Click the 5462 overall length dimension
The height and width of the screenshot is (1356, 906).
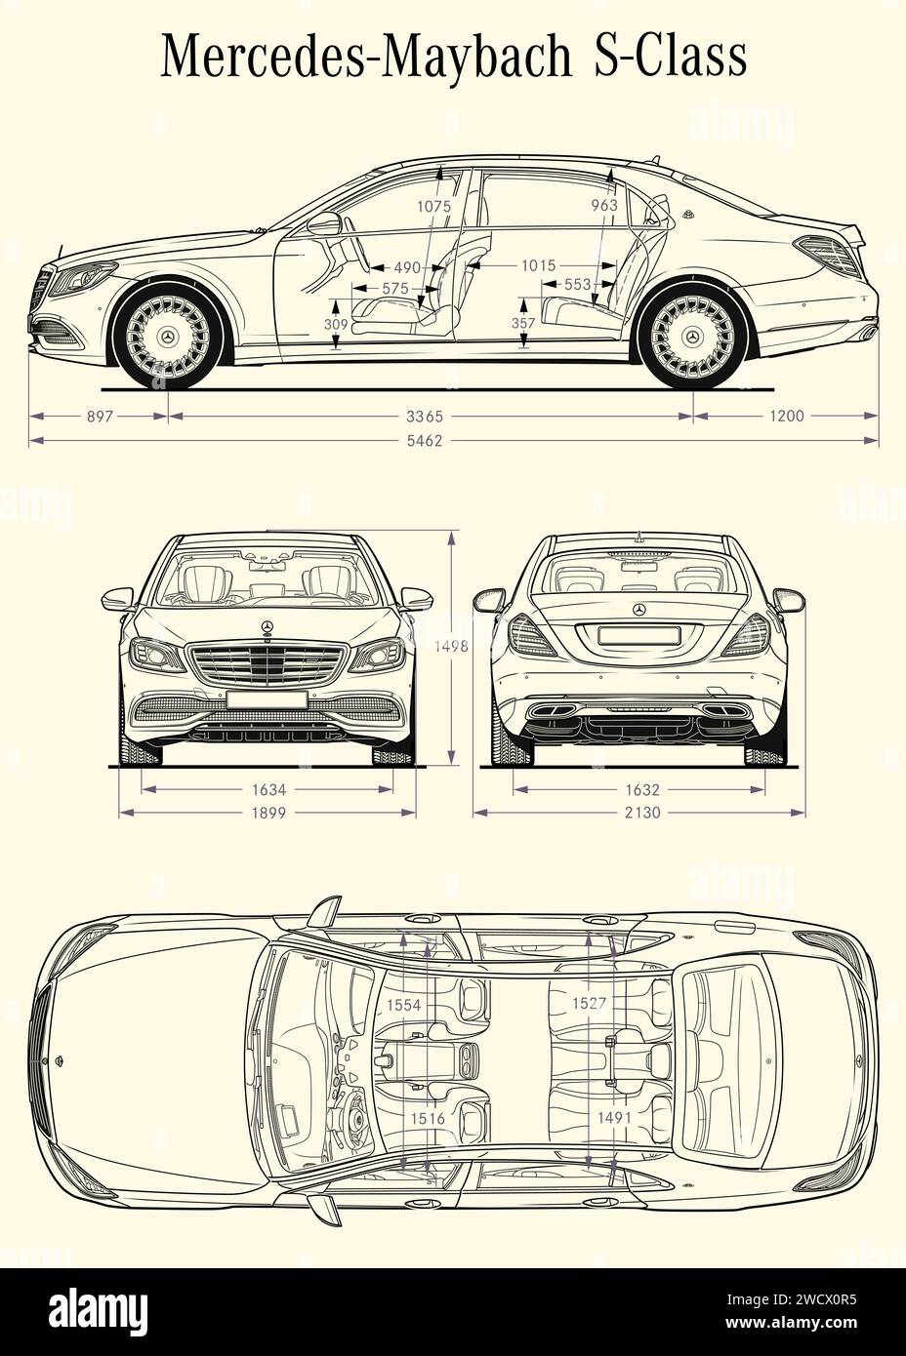pos(426,441)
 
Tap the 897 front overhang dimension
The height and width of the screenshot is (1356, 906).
pos(101,417)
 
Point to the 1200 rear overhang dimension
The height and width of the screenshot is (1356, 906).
pos(786,417)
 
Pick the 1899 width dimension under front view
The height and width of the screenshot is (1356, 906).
pos(267,812)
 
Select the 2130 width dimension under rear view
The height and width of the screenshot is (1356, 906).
pos(640,812)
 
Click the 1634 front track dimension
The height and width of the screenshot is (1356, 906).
pos(267,789)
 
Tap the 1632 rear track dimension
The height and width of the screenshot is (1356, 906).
pos(640,789)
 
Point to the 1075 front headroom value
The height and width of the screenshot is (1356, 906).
pos(433,207)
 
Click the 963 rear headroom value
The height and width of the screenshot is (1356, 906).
pos(604,206)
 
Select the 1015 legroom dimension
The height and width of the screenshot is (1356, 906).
pos(538,265)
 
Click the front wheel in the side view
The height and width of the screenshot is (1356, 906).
pos(168,337)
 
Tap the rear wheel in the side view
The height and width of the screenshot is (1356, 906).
pos(693,337)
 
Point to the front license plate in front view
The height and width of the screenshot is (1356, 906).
pos(267,698)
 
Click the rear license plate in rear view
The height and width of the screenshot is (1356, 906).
pos(639,635)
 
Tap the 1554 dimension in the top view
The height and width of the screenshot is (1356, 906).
pos(404,1004)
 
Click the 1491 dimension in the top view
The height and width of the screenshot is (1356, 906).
pos(615,1118)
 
